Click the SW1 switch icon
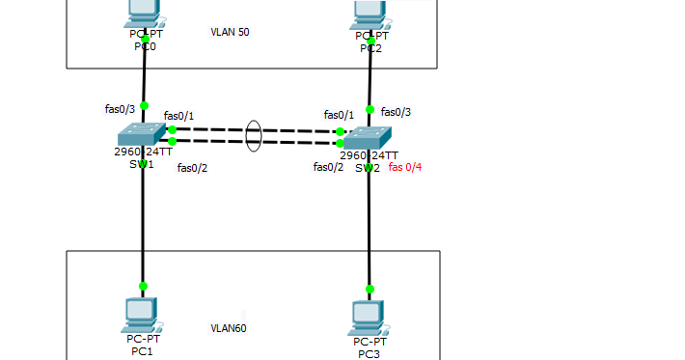(x=143, y=134)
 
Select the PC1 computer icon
(x=142, y=314)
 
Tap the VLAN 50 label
(x=230, y=32)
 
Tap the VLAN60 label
(x=229, y=328)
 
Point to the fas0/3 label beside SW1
(x=120, y=109)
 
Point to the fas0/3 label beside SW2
(x=396, y=112)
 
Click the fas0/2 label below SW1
(x=192, y=168)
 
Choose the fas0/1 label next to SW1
(x=178, y=116)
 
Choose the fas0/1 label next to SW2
(x=339, y=115)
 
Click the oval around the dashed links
(x=253, y=135)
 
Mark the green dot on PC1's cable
(x=143, y=286)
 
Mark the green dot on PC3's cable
(x=369, y=289)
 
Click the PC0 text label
(x=143, y=45)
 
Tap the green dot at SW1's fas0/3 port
(x=144, y=106)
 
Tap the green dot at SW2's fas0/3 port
(x=370, y=109)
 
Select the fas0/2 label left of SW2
(x=328, y=167)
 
